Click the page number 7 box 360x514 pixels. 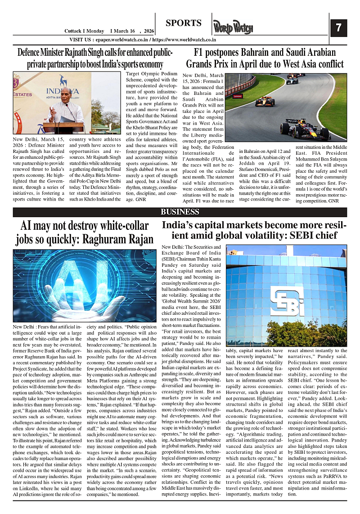pyautogui.click(x=338, y=28)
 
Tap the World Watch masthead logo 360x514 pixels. pyautogui.click(x=233, y=28)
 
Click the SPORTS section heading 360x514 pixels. pyautogui.click(x=183, y=23)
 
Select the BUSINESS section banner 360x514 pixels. pyautogui.click(x=180, y=212)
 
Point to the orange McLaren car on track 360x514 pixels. pyautogui.click(x=265, y=102)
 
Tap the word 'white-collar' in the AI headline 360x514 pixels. pyautogui.click(x=119, y=225)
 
